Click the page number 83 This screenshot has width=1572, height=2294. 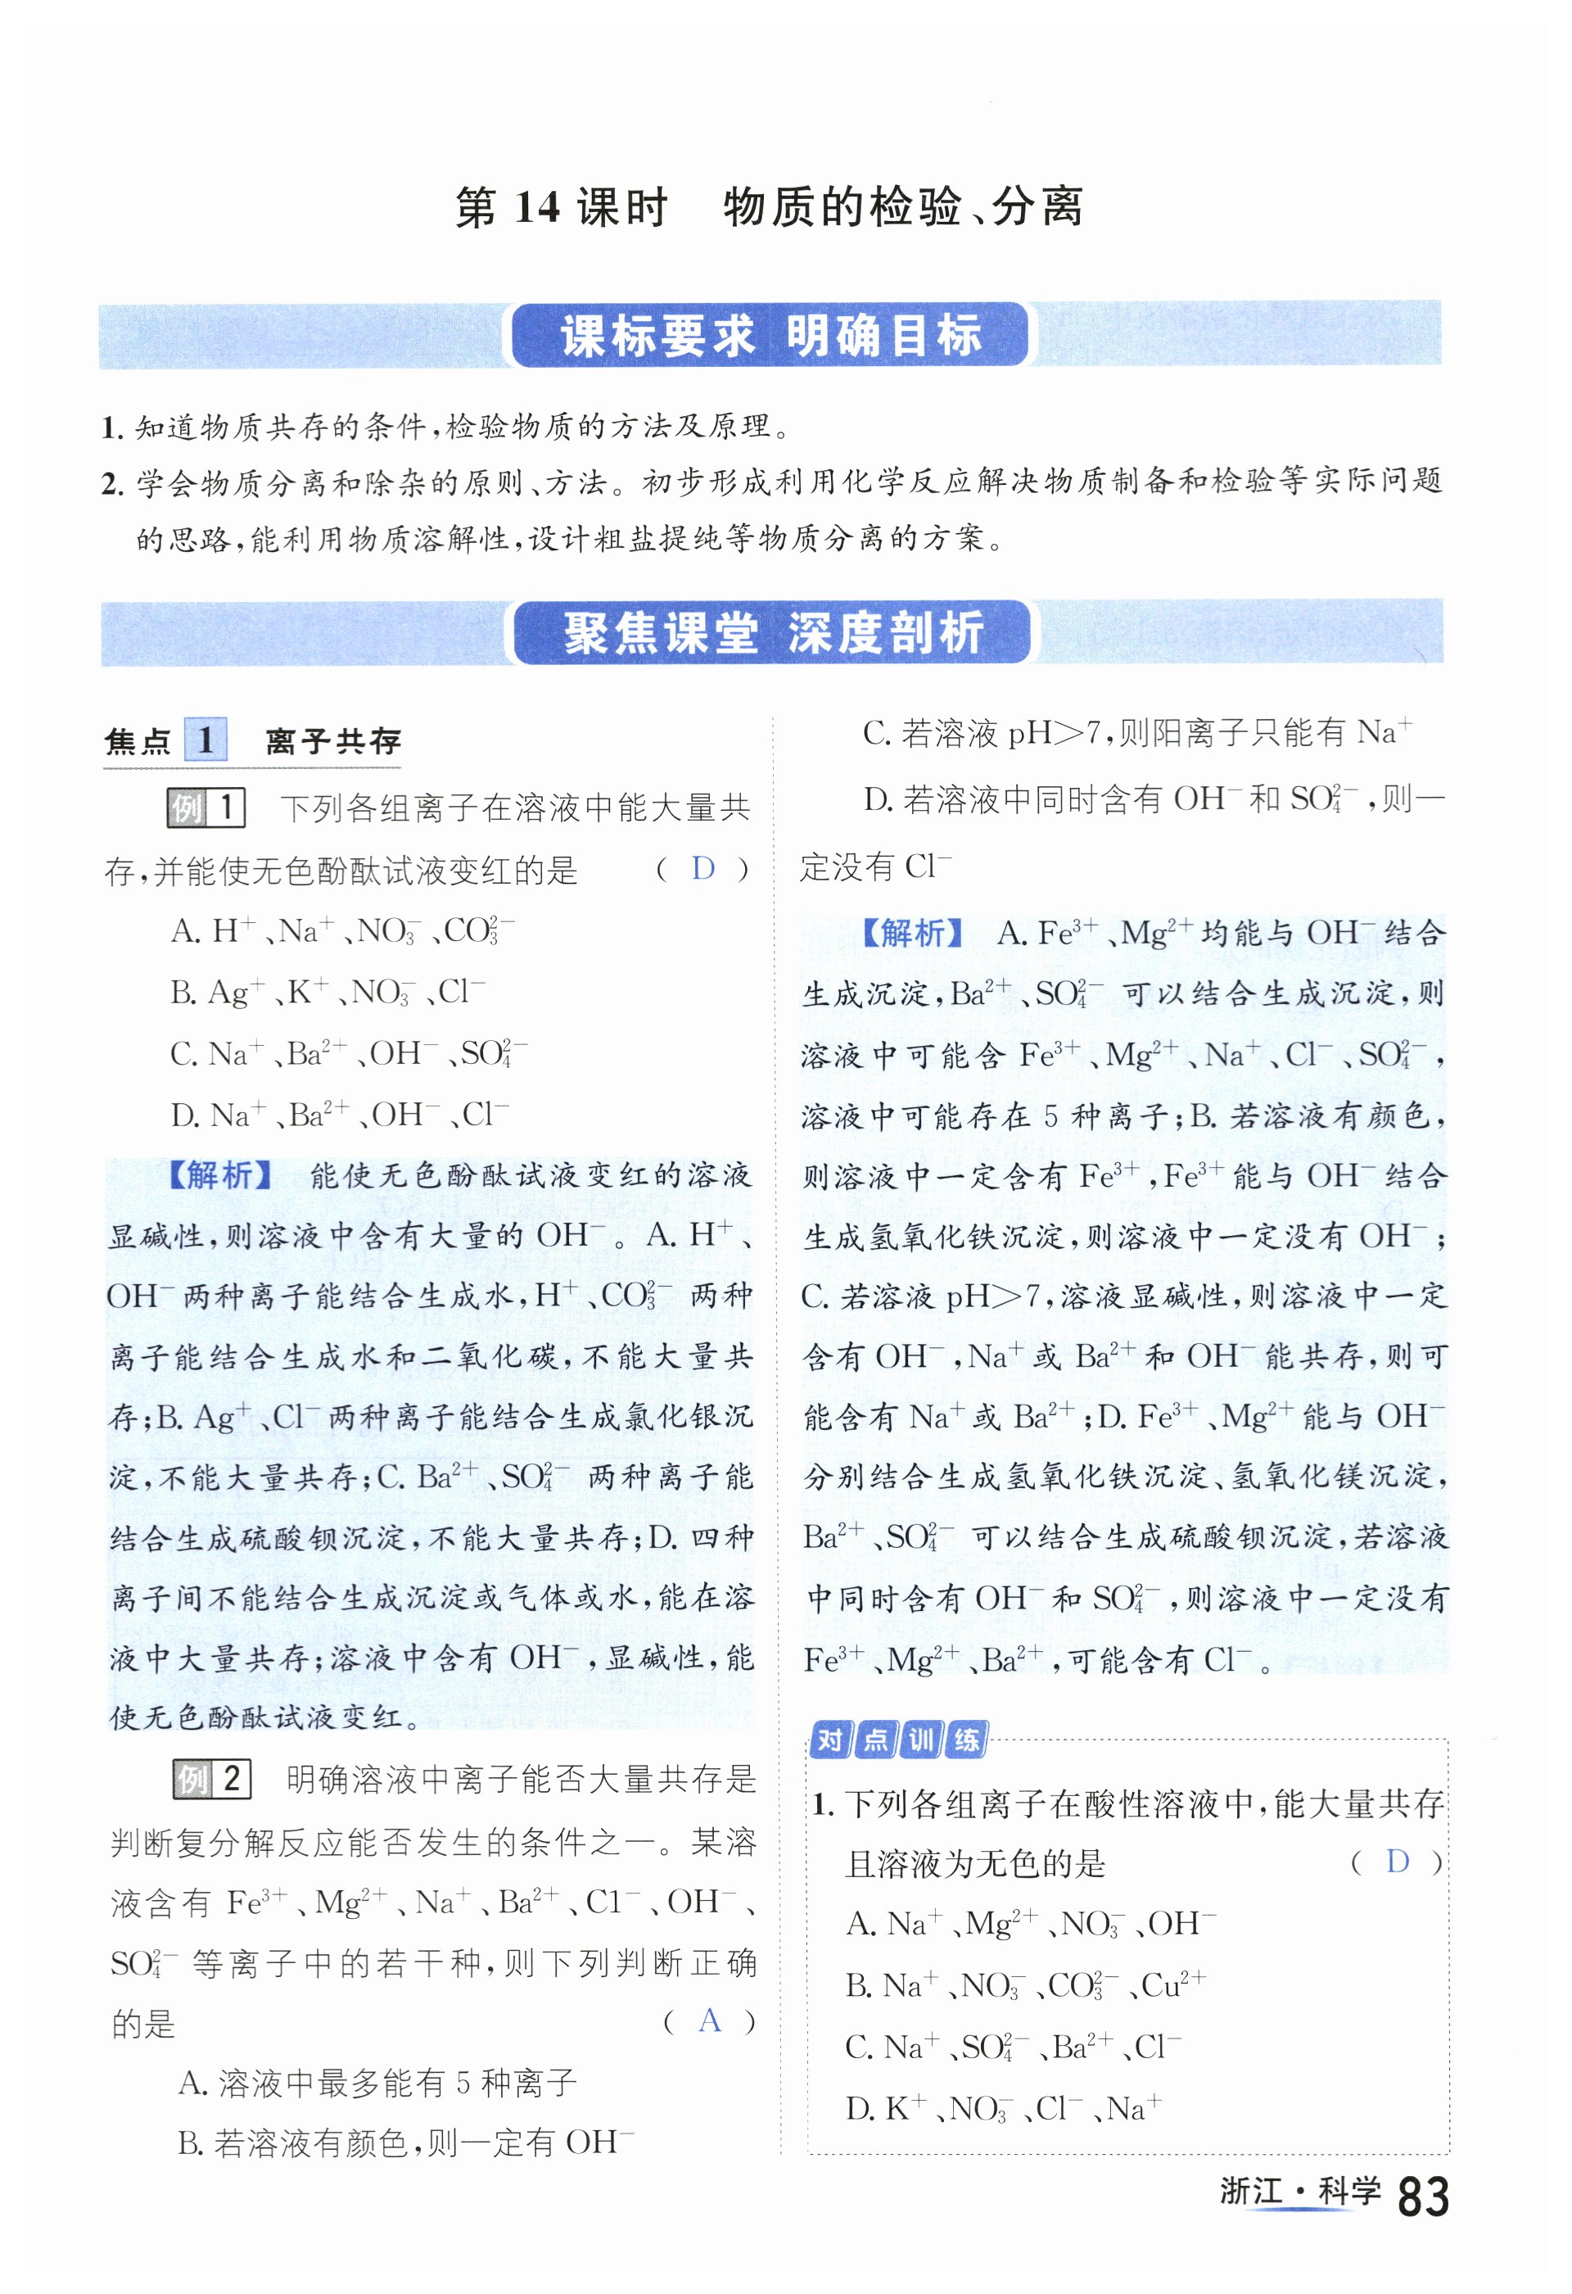1423,2197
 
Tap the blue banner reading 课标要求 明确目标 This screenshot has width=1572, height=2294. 770,336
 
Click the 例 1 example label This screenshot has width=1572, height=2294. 206,808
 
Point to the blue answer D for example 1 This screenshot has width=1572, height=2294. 702,869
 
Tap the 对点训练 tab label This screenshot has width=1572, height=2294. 898,1740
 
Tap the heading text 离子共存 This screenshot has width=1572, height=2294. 333,741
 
